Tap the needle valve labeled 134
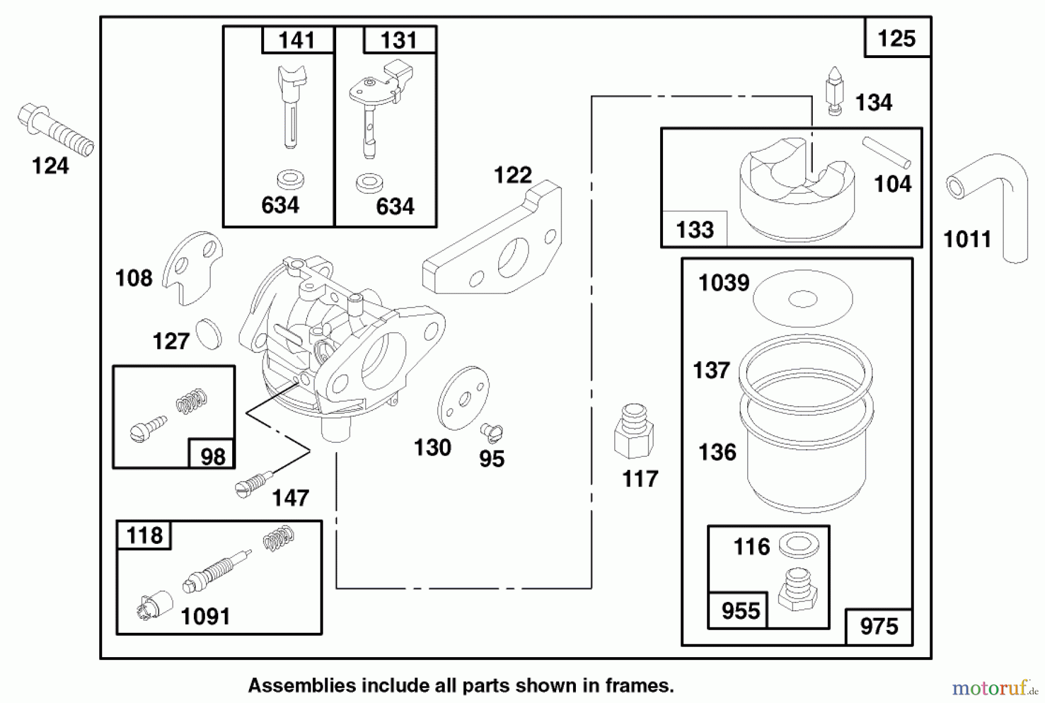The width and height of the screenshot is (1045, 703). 834,91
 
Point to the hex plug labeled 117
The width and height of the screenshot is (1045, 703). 633,432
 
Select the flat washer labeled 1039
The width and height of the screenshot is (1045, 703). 803,299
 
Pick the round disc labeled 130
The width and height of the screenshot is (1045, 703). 463,398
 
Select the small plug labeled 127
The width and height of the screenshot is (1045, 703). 208,333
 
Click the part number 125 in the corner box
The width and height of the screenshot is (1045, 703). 896,39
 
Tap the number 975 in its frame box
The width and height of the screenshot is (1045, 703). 879,627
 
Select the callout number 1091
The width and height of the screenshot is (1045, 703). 206,617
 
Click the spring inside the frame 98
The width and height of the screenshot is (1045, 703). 192,401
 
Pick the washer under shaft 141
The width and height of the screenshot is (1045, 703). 291,179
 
